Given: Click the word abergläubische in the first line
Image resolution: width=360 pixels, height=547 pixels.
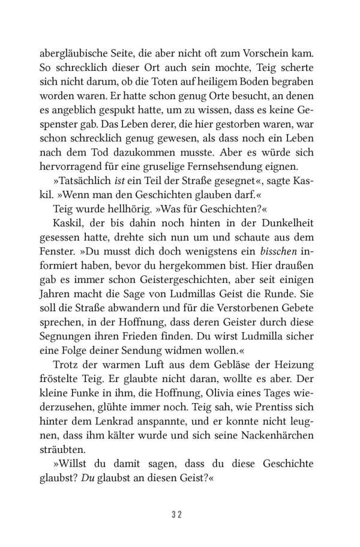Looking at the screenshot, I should click(67, 39).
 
